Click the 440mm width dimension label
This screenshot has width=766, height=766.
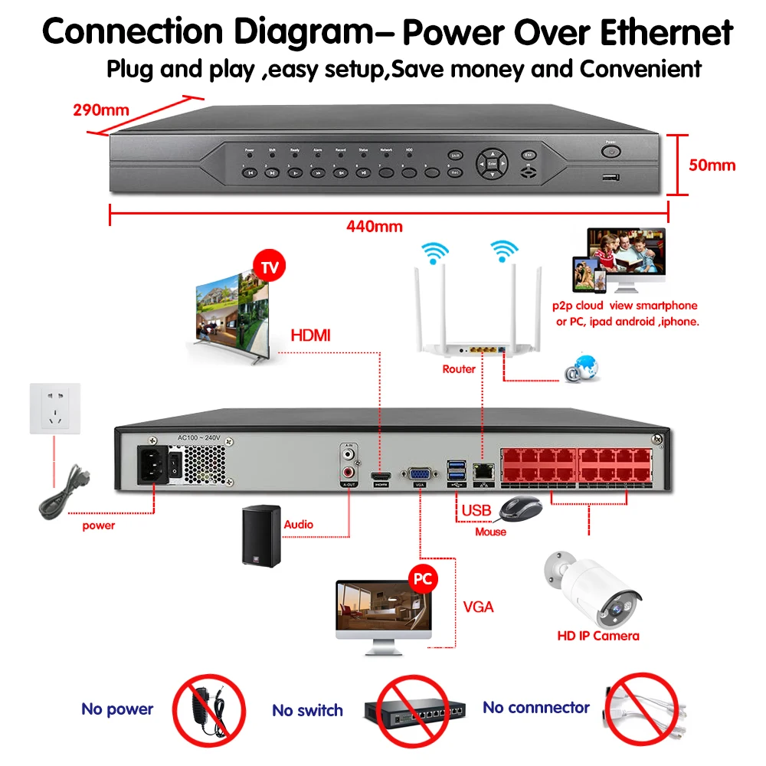(373, 227)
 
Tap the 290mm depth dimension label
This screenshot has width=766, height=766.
(101, 110)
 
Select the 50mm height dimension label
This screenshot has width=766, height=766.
(712, 165)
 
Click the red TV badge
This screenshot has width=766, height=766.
(269, 268)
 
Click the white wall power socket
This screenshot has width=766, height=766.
(54, 409)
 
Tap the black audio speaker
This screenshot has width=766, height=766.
(260, 536)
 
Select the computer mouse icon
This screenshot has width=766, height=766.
(520, 508)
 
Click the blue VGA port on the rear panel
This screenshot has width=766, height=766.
(419, 474)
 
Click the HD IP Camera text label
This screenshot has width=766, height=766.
(597, 636)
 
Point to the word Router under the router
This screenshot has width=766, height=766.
(459, 369)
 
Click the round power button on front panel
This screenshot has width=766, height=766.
(611, 152)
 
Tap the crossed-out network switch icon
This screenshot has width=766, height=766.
(414, 710)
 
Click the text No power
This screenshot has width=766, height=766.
(117, 709)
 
